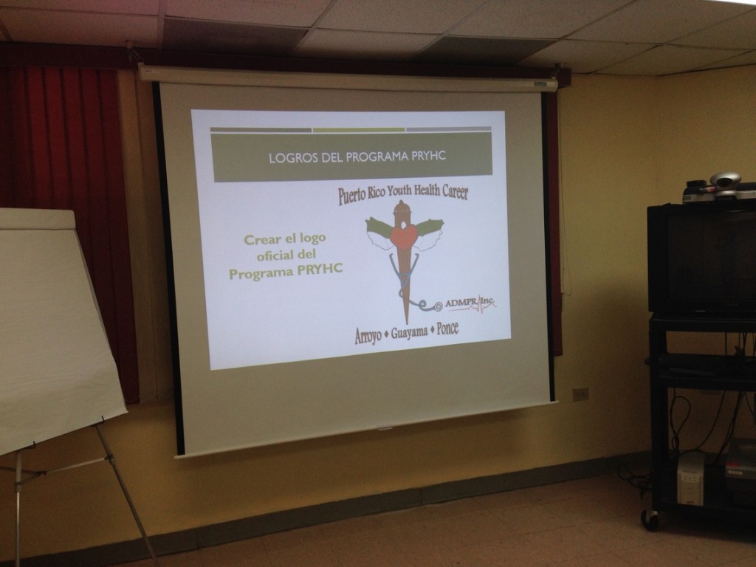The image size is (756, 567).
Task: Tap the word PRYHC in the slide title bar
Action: pos(429,157)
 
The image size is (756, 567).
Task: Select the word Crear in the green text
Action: pos(261,240)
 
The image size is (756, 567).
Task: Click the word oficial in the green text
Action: pos(274,255)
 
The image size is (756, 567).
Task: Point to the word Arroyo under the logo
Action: pos(368,336)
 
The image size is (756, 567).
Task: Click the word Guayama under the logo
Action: pos(409,333)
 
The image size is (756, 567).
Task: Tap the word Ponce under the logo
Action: pos(447,329)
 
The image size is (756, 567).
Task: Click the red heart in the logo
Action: pos(404,236)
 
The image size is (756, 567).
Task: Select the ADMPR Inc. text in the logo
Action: pos(470,303)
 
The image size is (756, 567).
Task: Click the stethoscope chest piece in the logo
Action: pos(437,306)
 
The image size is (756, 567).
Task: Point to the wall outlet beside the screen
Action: pos(580,394)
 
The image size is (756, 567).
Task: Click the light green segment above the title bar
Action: pos(359,130)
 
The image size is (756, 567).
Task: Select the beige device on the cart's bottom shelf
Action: pos(691,478)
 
